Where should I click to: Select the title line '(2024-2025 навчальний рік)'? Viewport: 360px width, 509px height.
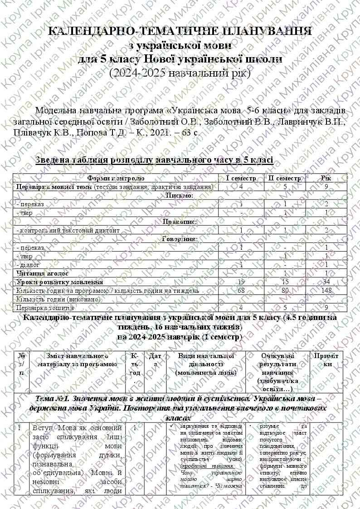tap(180, 73)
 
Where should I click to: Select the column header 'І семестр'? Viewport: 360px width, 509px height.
tap(241, 178)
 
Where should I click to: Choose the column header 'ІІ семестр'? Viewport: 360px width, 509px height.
tap(284, 178)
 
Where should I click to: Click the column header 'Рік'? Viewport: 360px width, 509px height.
tap(326, 178)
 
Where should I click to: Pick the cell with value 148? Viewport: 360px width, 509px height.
tap(326, 290)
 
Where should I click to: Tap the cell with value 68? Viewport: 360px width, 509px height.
tap(241, 290)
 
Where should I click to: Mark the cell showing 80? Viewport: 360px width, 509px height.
tap(285, 290)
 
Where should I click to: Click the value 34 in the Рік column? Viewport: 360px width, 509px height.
tap(326, 282)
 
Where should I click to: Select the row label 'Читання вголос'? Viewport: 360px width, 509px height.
tap(42, 273)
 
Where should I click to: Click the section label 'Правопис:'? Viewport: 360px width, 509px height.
tap(180, 222)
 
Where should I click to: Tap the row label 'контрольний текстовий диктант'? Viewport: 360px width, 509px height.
tap(68, 230)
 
